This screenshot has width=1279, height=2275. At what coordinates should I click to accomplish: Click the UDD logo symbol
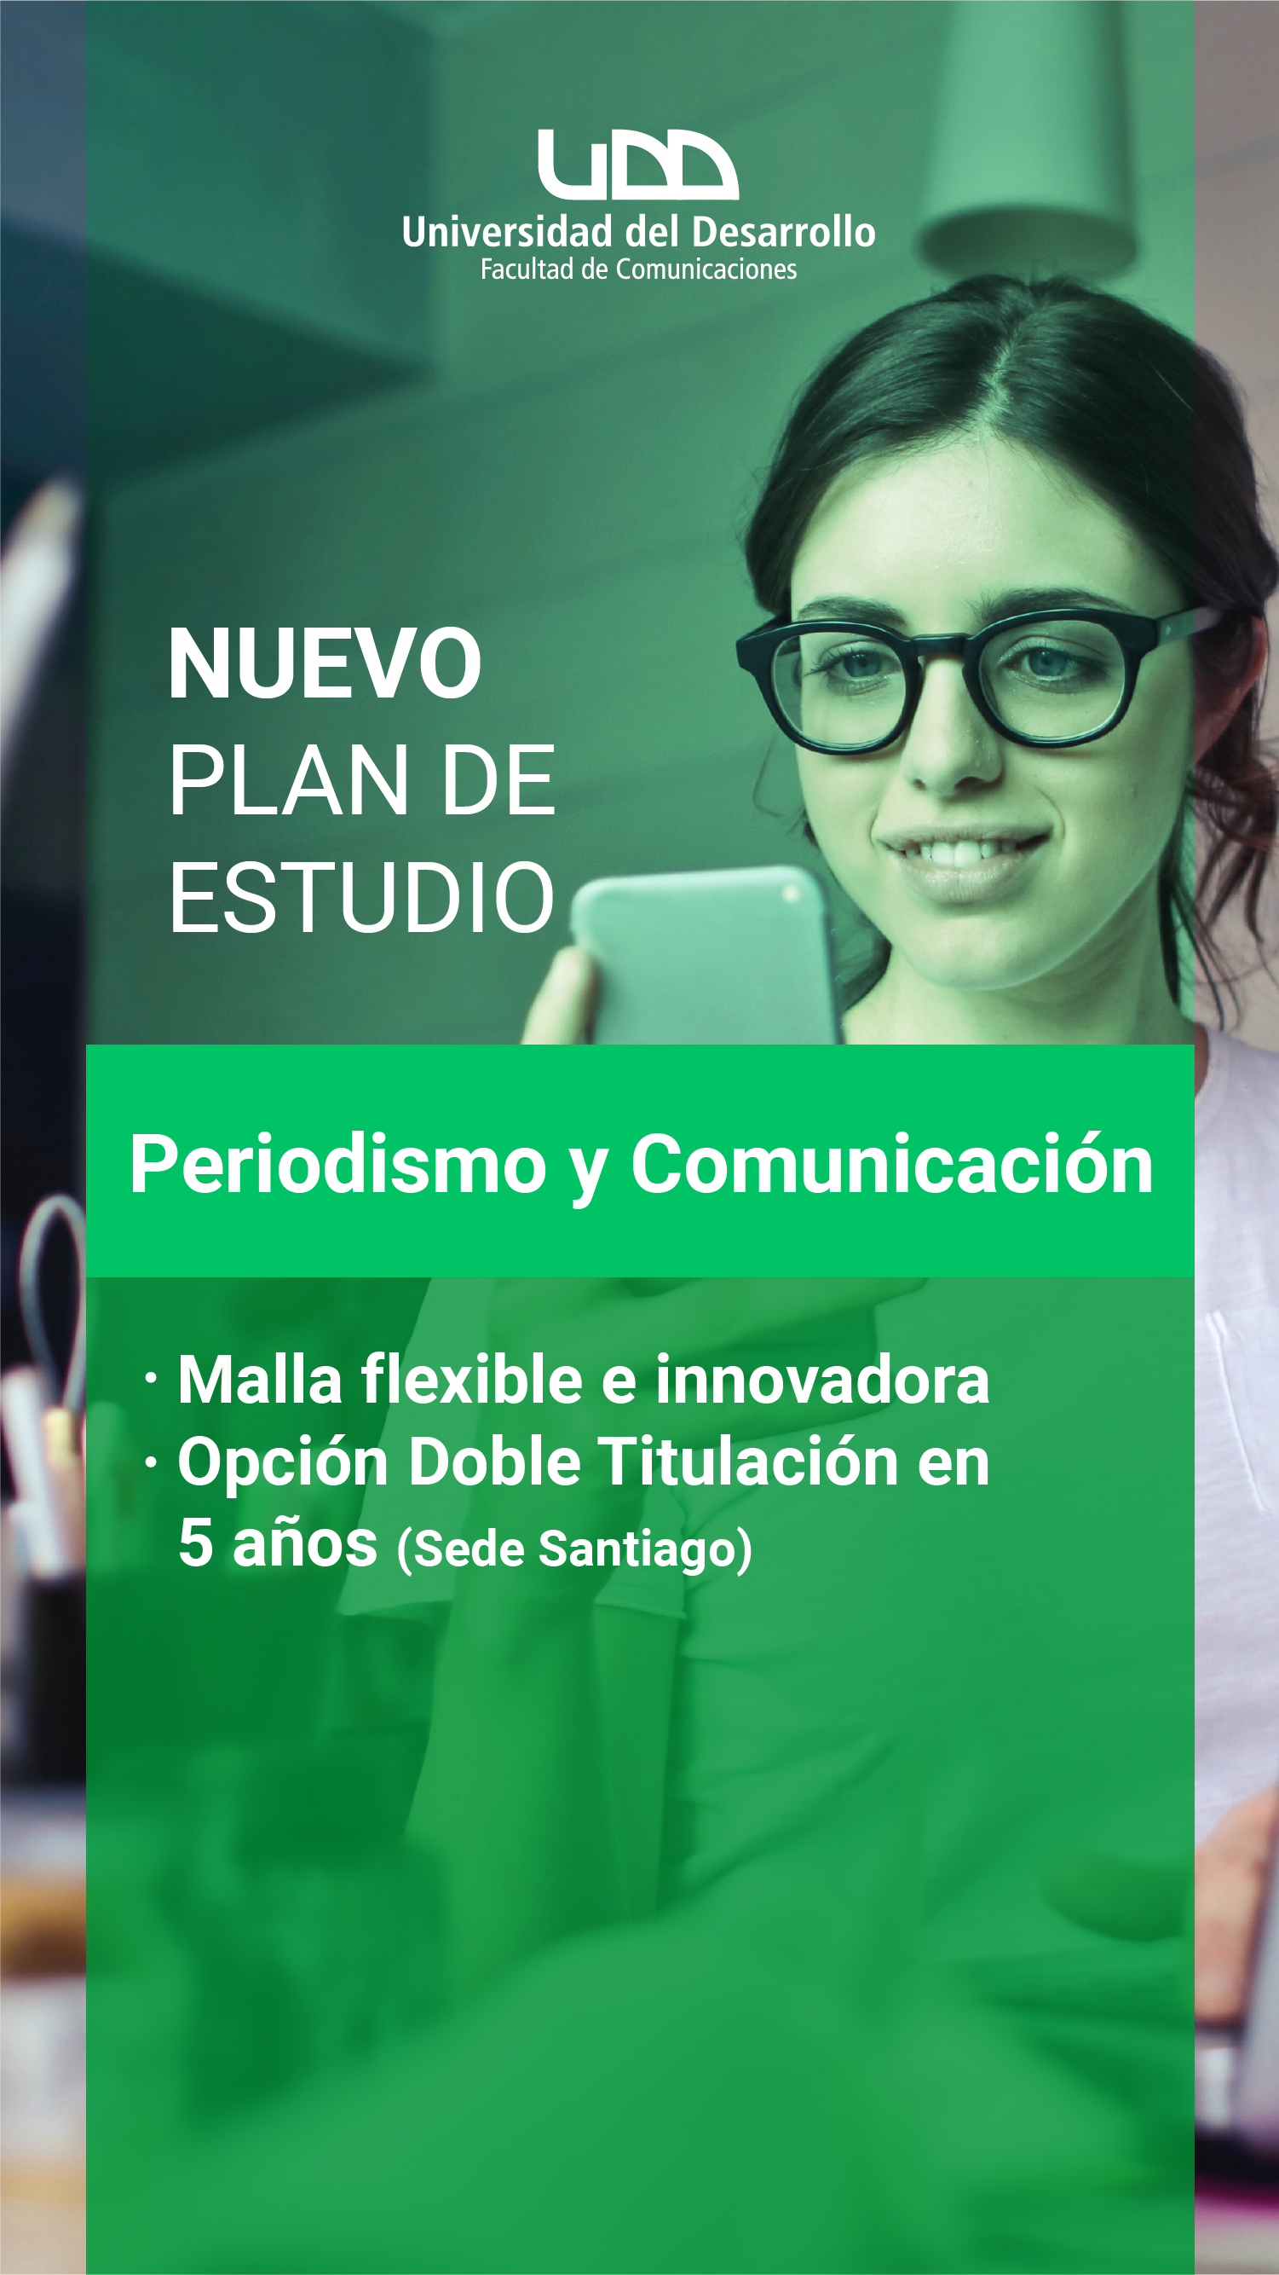(x=638, y=165)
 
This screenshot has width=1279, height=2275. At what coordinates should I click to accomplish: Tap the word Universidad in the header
(x=507, y=232)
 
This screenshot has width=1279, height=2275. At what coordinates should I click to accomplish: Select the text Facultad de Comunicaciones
(x=638, y=269)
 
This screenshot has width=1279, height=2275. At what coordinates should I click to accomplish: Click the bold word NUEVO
(x=325, y=663)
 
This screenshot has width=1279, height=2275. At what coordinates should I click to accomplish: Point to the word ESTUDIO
(x=361, y=897)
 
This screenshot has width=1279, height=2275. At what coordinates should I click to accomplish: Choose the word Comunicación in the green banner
(x=891, y=1165)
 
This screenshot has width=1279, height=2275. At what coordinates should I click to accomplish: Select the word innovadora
(x=821, y=1380)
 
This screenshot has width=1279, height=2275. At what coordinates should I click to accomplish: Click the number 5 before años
(x=195, y=1543)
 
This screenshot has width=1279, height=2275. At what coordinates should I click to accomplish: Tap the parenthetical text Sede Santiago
(x=574, y=1549)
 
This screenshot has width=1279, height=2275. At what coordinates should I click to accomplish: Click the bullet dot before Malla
(x=152, y=1379)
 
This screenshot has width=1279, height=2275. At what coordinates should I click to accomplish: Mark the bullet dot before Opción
(x=152, y=1462)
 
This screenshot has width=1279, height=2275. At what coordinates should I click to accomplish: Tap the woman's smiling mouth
(x=962, y=861)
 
